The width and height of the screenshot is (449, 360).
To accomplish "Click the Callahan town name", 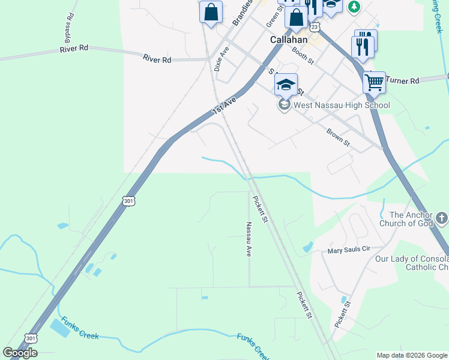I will click(288, 40).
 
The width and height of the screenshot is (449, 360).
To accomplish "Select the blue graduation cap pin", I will click(286, 85).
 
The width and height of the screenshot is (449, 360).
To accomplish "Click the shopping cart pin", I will click(374, 82).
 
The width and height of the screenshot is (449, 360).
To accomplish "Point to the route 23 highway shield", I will click(315, 27).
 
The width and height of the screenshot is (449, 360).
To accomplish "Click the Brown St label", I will click(338, 137).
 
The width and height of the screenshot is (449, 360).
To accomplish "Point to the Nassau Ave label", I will click(248, 239).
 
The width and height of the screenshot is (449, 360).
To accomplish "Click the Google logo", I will click(20, 353).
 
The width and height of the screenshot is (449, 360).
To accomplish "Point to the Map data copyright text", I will click(412, 355).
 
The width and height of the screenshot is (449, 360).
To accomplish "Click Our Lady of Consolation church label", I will click(412, 263).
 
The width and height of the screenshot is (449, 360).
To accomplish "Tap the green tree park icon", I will click(354, 6).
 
